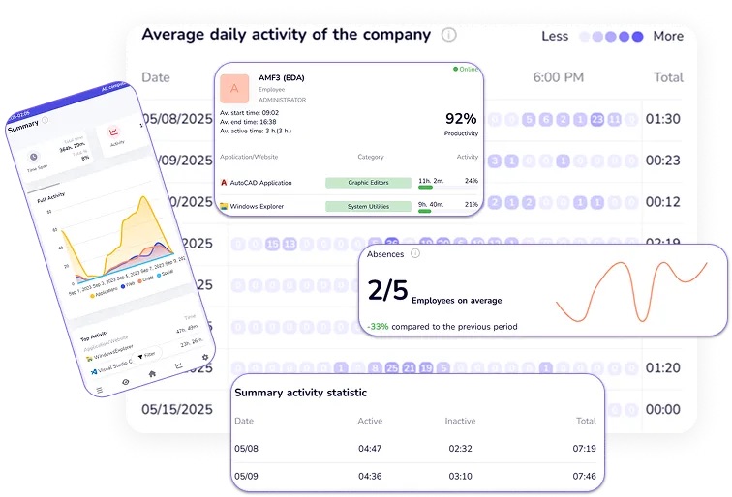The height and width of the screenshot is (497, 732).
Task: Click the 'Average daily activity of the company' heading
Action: pos(286,35)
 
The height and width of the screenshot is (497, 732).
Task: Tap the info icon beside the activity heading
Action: pos(448,35)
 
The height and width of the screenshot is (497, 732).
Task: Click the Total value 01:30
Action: pos(663,120)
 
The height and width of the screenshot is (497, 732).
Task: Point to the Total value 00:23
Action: pos(663,161)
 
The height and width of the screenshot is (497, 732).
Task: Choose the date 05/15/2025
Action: pos(177,409)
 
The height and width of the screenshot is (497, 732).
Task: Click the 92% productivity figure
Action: pos(461,119)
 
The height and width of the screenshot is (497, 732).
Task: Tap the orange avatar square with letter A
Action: pos(233,89)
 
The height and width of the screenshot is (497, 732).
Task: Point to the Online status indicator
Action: pos(465,70)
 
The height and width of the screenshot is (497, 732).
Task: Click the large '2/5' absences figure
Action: pos(387,290)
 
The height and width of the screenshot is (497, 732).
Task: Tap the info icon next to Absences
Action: pos(414,253)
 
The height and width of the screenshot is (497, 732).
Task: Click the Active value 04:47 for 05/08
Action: pos(370,448)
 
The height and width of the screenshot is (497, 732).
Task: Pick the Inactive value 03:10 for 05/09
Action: pos(460,476)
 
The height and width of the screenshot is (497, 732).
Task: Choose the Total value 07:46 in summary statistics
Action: pos(585,476)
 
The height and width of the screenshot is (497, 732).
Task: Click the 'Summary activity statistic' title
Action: pos(300,393)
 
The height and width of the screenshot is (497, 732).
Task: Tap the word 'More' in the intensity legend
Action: pos(668,36)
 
